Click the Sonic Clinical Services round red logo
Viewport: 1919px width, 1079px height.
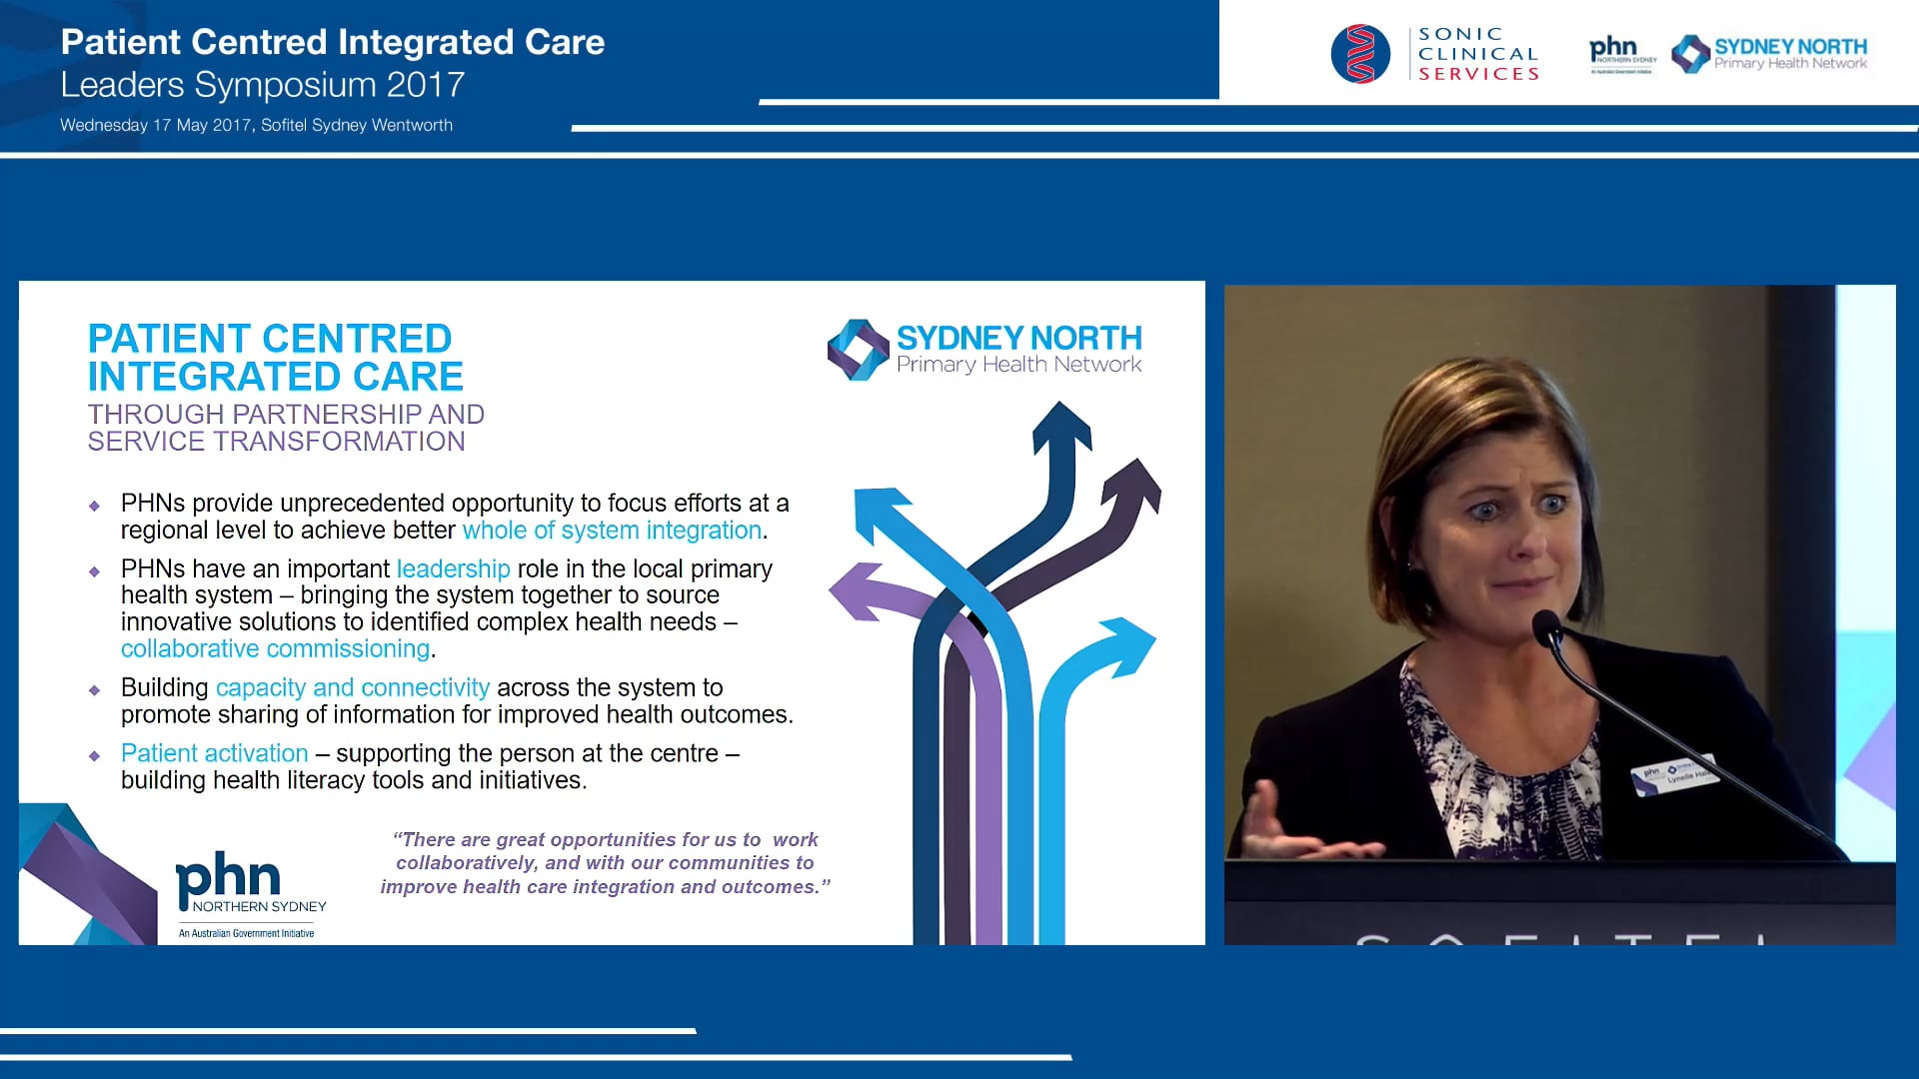point(1360,54)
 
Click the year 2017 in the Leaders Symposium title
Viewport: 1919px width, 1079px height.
point(426,85)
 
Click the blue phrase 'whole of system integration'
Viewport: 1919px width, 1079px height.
point(612,531)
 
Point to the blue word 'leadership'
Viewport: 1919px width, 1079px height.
point(453,568)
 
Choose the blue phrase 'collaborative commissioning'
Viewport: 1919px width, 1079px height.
point(275,648)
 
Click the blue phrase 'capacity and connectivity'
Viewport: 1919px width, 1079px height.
point(353,687)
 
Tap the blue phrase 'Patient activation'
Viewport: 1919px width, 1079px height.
point(214,753)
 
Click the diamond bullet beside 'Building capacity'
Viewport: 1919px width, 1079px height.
point(95,690)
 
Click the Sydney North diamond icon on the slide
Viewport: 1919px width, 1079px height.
point(858,350)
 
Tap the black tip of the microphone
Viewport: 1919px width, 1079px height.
point(1545,625)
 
